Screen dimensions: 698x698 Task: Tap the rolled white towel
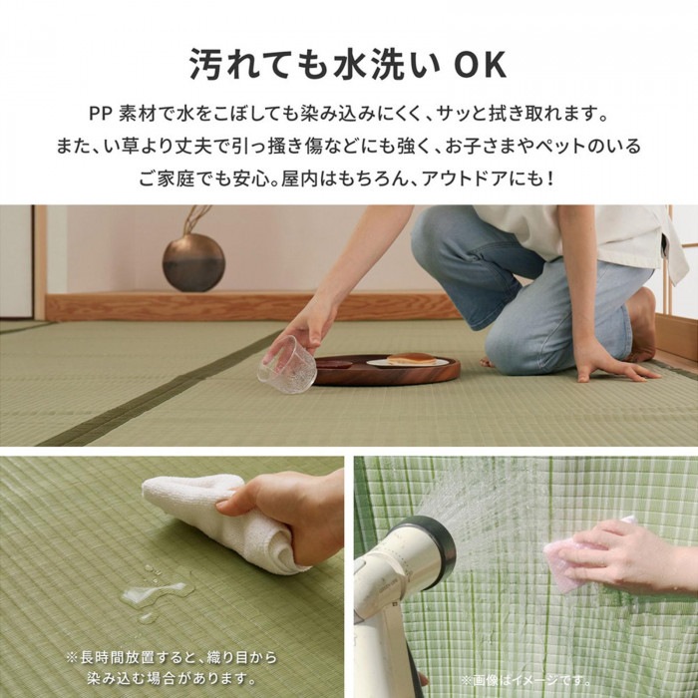(213, 520)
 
